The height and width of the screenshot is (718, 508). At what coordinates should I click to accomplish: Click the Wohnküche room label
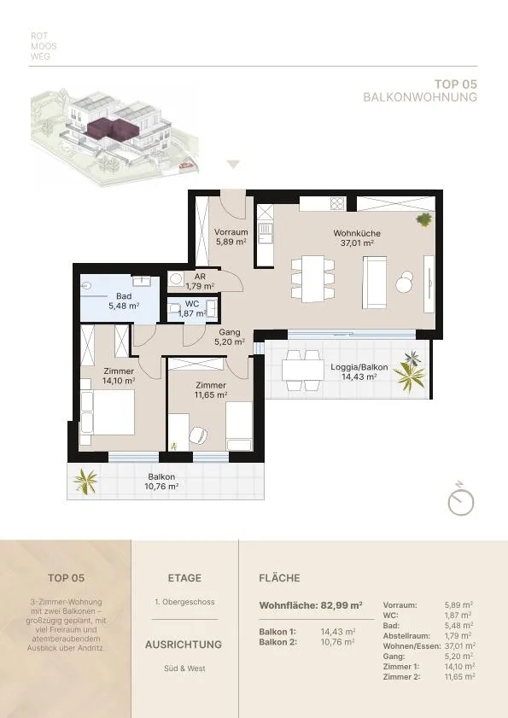click(x=357, y=234)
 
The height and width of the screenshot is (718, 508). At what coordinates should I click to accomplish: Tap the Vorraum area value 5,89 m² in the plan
click(x=231, y=242)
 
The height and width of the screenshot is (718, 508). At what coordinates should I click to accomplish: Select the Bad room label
click(x=124, y=296)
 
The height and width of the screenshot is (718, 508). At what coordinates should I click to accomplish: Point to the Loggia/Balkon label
click(x=359, y=367)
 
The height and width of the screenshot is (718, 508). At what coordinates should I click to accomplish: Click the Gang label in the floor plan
click(x=230, y=332)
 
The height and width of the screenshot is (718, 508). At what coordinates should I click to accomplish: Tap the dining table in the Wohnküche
click(x=313, y=278)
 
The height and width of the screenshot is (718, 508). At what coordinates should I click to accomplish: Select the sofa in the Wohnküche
click(x=375, y=282)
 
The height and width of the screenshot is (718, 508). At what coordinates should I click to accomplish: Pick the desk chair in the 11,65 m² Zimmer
click(x=198, y=435)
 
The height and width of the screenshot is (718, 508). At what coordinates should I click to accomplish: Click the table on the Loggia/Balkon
click(x=303, y=371)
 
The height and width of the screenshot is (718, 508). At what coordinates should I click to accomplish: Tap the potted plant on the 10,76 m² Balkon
click(x=85, y=482)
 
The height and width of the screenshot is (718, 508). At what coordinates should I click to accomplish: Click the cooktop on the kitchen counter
click(x=337, y=203)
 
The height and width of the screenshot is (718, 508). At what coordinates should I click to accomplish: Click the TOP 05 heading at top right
click(x=455, y=85)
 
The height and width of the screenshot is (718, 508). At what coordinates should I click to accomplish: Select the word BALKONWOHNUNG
click(x=420, y=97)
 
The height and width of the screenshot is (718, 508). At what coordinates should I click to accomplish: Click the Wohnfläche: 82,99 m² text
click(x=311, y=605)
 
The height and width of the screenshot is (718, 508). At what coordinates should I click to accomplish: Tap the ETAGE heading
click(x=184, y=578)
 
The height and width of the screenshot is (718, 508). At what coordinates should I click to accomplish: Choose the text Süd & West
click(x=184, y=668)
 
